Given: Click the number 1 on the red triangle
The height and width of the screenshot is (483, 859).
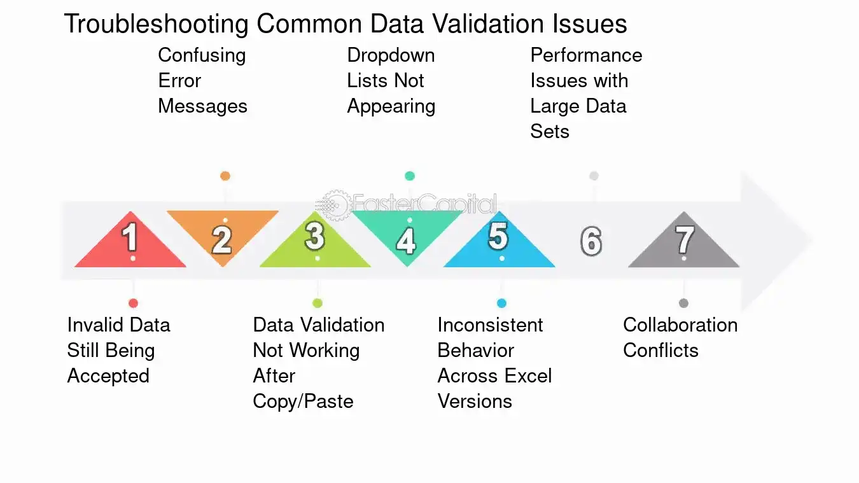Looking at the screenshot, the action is (130, 237).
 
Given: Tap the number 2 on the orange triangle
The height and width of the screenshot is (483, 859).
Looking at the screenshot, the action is (222, 240).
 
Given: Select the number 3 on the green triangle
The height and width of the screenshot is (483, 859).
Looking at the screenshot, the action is (315, 235).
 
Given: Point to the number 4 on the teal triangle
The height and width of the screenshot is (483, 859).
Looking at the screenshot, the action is (407, 241).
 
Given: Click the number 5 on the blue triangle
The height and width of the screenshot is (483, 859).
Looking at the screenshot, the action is (498, 236).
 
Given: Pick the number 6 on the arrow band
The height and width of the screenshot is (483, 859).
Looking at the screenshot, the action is (591, 241).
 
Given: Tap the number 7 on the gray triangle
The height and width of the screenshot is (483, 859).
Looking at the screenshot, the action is (685, 240).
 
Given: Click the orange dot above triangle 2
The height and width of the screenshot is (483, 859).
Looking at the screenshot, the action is (225, 176).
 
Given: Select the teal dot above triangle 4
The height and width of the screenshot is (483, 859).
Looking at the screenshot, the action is (410, 176).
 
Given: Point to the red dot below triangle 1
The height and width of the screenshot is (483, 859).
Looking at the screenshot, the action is (133, 304).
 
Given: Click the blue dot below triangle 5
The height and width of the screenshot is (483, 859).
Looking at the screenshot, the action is (501, 304).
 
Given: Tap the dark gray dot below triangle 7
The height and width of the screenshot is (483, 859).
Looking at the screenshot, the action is (683, 304).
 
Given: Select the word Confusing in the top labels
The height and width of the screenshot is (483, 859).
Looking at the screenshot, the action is (202, 56).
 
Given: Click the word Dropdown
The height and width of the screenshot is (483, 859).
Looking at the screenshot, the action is (391, 55).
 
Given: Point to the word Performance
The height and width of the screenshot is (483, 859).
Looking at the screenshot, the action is (586, 55).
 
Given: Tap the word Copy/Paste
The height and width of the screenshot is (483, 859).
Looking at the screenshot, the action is (303, 402).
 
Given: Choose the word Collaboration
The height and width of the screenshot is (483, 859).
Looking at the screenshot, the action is (680, 325).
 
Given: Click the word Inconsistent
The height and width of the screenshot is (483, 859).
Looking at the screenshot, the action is (490, 325).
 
